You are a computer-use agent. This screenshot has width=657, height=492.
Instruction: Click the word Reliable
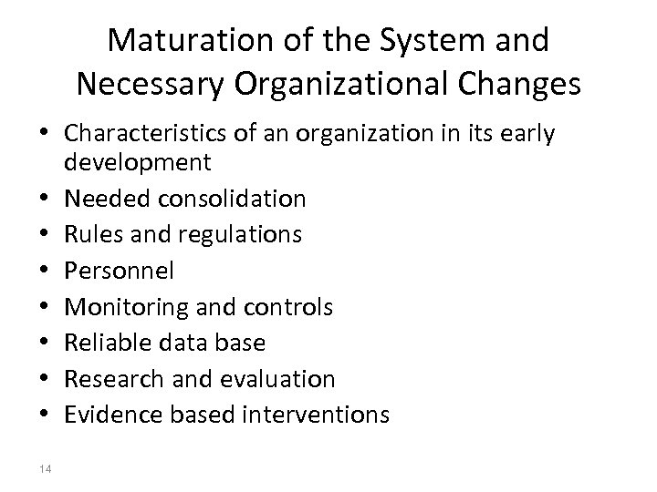point(103,343)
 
